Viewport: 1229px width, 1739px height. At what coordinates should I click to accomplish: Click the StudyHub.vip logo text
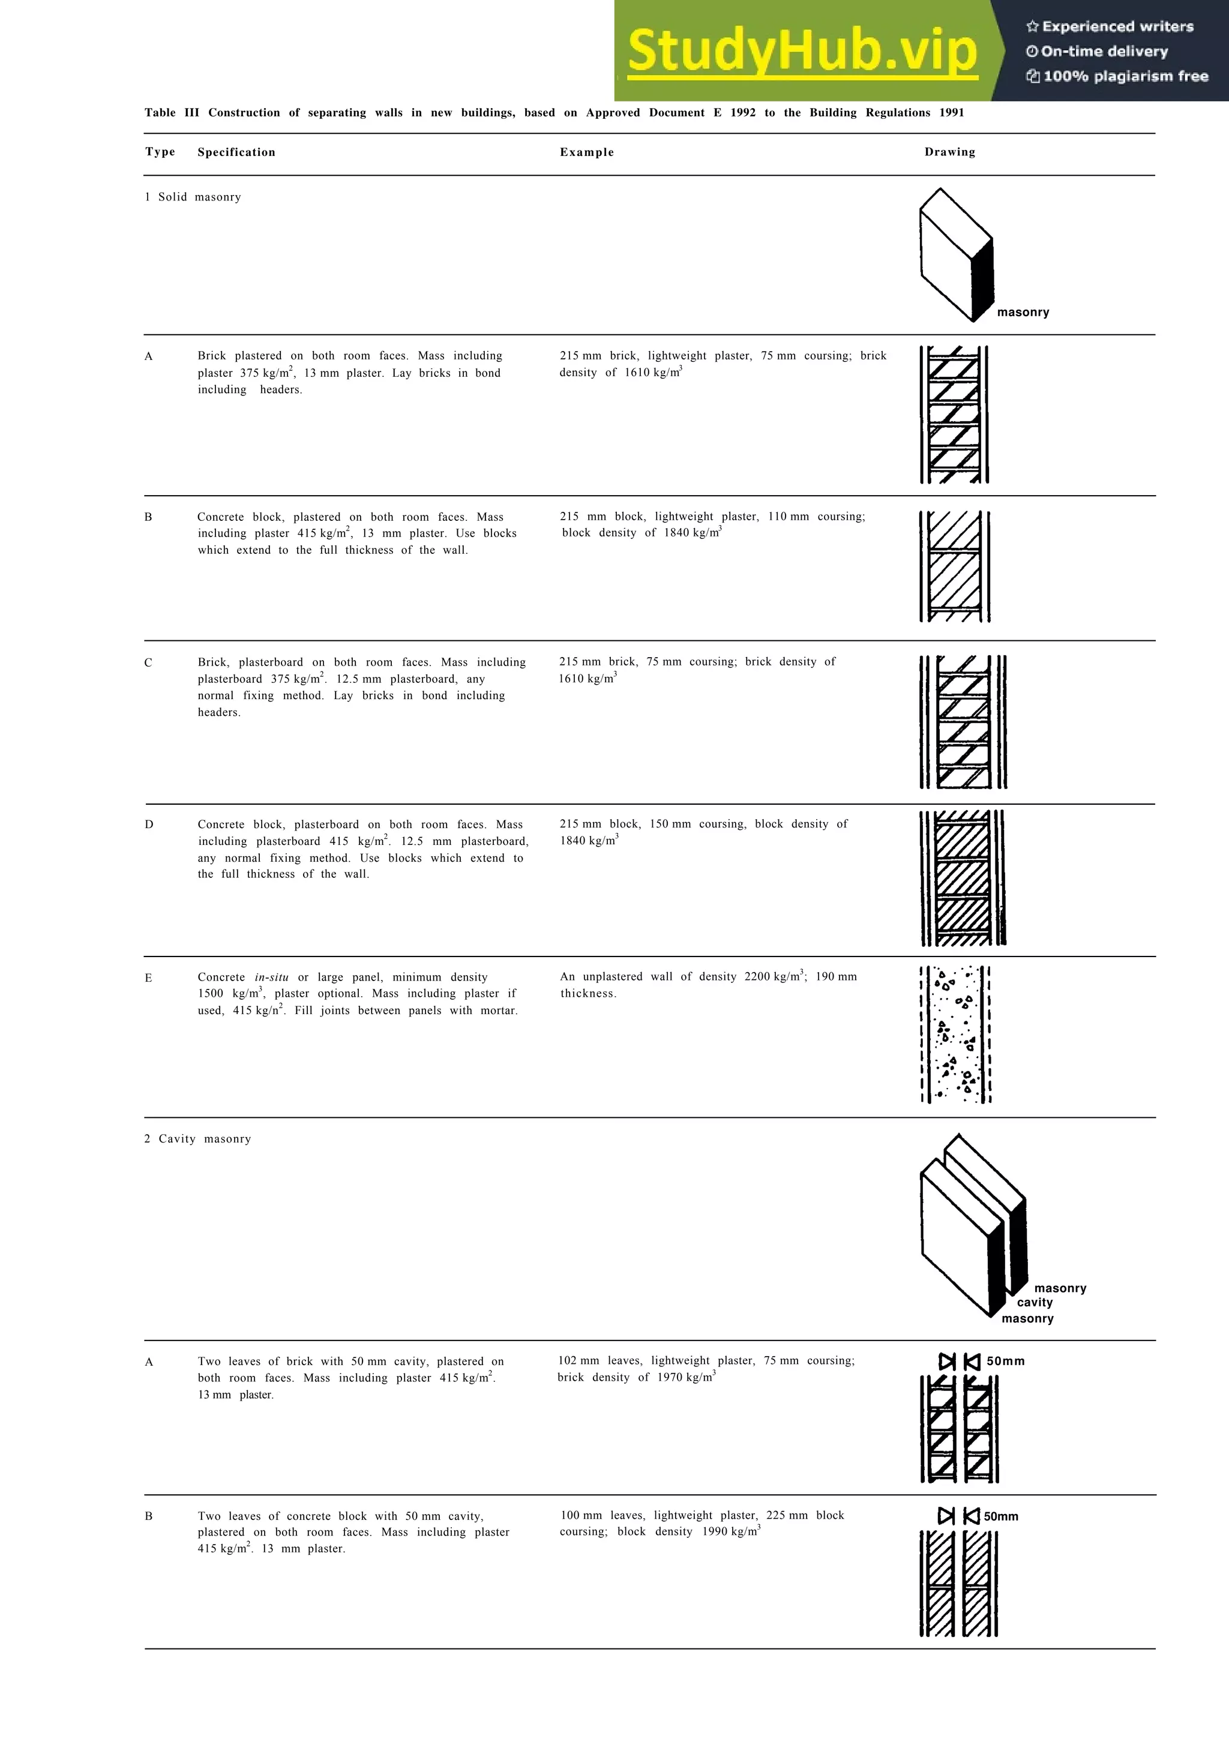pyautogui.click(x=803, y=51)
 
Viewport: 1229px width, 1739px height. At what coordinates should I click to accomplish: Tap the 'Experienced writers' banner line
pyautogui.click(x=1110, y=26)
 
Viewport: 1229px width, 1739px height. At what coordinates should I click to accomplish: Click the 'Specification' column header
pyautogui.click(x=236, y=152)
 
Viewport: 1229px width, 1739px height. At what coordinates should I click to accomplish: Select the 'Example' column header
pyautogui.click(x=587, y=152)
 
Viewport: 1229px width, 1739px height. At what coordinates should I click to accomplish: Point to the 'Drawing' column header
pyautogui.click(x=949, y=152)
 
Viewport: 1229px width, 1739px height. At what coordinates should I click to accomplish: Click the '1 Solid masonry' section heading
pyautogui.click(x=193, y=197)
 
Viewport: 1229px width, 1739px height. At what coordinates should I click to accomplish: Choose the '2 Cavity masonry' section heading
pyautogui.click(x=197, y=1139)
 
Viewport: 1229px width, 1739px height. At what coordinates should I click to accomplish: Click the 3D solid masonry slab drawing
pyautogui.click(x=957, y=255)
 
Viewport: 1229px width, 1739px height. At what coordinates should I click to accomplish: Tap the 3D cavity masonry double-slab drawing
pyautogui.click(x=973, y=1227)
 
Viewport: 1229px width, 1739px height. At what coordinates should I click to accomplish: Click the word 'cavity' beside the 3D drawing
pyautogui.click(x=1035, y=1303)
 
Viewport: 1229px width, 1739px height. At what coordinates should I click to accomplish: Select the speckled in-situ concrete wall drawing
pyautogui.click(x=955, y=1035)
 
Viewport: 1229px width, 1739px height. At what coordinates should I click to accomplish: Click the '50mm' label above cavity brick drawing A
pyautogui.click(x=1006, y=1362)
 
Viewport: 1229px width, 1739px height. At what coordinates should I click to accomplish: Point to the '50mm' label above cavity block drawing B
pyautogui.click(x=1001, y=1516)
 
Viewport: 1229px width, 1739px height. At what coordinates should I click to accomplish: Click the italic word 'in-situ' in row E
pyautogui.click(x=271, y=978)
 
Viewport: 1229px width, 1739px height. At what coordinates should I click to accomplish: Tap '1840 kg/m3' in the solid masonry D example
pyautogui.click(x=589, y=841)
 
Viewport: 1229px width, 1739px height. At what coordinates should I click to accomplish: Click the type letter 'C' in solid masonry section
pyautogui.click(x=148, y=662)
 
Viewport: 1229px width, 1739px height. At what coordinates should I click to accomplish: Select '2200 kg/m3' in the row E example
pyautogui.click(x=775, y=977)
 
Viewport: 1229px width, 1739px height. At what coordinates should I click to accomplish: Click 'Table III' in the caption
pyautogui.click(x=172, y=113)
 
